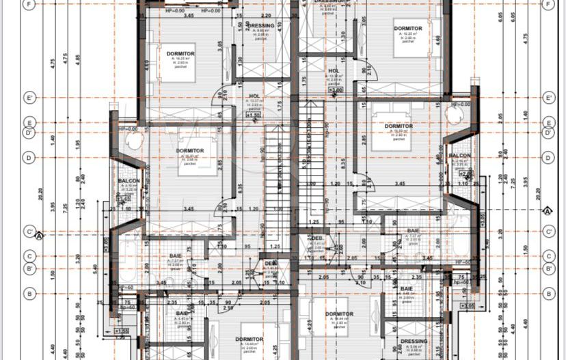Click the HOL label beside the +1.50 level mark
click(254, 96)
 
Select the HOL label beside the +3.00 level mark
click(334, 70)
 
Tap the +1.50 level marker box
click(252, 115)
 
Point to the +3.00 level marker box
click(335, 89)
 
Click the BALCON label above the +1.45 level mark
click(129, 181)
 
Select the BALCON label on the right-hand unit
click(459, 156)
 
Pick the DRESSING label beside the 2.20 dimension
click(260, 26)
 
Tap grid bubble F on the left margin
click(27, 5)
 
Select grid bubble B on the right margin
click(547, 293)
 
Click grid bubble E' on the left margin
click(27, 98)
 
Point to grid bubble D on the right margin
click(547, 157)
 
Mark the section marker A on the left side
click(39, 236)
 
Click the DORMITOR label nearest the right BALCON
click(399, 126)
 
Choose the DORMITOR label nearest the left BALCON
click(190, 150)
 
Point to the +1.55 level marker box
click(122, 331)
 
